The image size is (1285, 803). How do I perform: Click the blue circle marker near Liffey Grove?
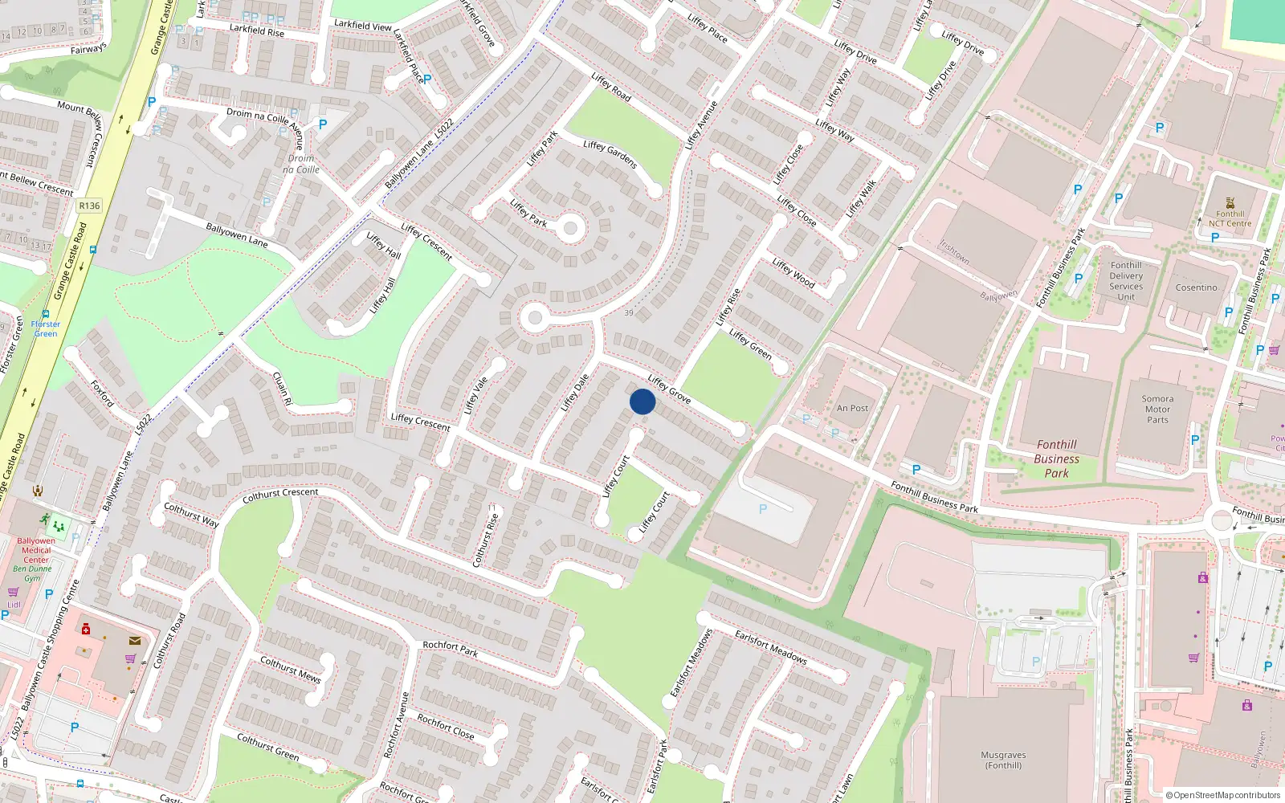click(x=642, y=401)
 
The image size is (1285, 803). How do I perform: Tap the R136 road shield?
click(x=89, y=206)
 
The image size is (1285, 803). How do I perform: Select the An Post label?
click(x=852, y=408)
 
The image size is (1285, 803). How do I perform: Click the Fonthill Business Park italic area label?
click(x=1056, y=459)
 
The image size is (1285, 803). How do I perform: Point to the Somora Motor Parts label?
click(x=1157, y=409)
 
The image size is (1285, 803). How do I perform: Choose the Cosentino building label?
click(x=1196, y=287)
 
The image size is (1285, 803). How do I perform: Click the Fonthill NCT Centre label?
click(x=1230, y=218)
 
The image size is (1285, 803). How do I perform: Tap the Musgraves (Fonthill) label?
click(x=1003, y=760)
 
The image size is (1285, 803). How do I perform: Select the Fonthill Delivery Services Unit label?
click(x=1126, y=281)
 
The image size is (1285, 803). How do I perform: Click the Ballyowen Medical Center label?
click(x=36, y=550)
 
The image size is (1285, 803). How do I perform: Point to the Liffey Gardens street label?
click(x=610, y=154)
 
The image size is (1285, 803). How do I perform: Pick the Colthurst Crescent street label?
click(x=280, y=495)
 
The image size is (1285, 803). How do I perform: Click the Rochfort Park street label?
click(x=450, y=649)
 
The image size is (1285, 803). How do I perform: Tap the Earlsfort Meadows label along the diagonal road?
click(x=771, y=646)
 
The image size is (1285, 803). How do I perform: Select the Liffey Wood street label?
click(x=793, y=272)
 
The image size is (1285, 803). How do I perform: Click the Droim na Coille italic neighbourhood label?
click(x=301, y=164)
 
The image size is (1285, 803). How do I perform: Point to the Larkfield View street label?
click(x=363, y=26)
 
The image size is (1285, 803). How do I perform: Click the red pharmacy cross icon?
click(x=86, y=628)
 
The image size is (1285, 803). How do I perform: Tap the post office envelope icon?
click(x=134, y=641)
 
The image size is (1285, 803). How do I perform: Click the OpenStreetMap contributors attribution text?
click(x=1222, y=795)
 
